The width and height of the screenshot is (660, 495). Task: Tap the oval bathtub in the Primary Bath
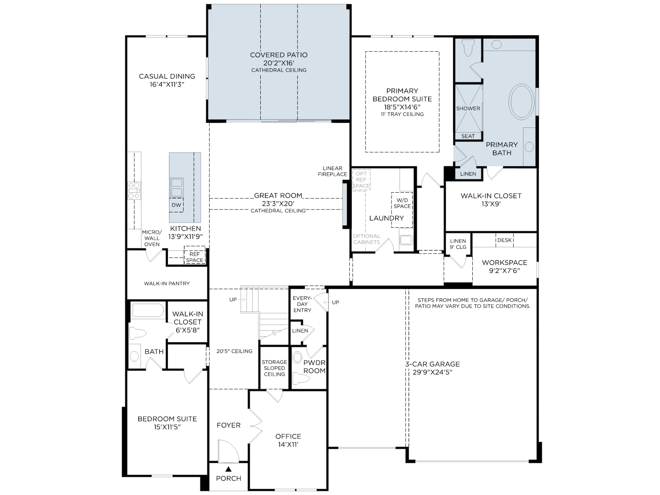(522, 101)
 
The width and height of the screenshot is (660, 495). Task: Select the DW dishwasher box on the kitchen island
(176, 205)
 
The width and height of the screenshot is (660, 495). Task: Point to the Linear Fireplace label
(332, 171)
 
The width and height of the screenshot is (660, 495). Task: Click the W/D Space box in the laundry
(402, 210)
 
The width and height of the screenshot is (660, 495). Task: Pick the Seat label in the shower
(468, 136)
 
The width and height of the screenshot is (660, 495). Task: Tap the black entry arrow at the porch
(229, 469)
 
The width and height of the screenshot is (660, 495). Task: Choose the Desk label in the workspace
(504, 240)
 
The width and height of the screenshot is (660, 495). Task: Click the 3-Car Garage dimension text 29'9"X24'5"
(432, 372)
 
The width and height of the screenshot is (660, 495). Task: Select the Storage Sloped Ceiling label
(274, 368)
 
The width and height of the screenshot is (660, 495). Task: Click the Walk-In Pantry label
(167, 283)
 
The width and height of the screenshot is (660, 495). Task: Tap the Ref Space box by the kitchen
(195, 255)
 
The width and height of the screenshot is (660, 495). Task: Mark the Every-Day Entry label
(302, 304)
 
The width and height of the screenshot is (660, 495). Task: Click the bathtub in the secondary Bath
(148, 310)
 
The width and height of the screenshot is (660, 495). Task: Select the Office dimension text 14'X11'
(288, 445)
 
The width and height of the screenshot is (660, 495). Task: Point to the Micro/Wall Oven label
(152, 238)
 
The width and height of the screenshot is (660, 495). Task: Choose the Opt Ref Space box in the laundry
(361, 180)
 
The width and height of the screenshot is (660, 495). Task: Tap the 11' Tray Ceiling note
(402, 114)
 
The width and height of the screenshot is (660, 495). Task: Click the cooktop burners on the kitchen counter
(134, 191)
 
